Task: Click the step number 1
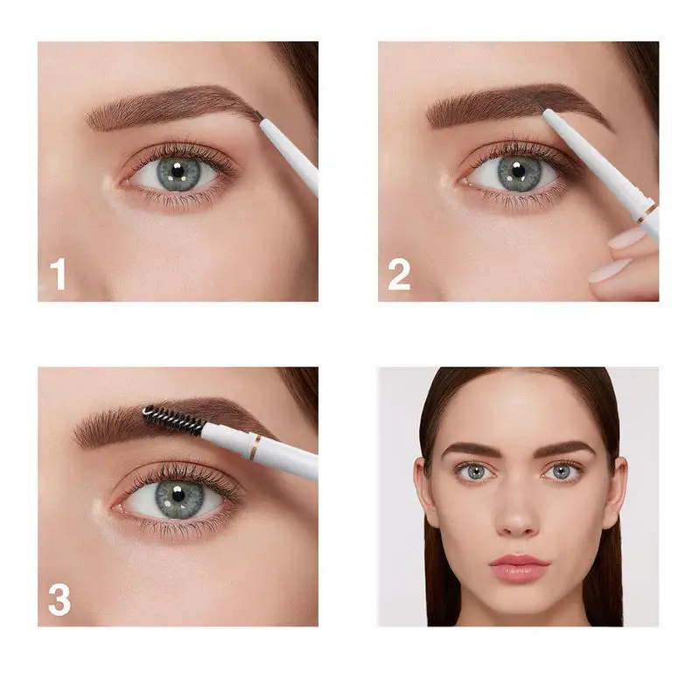coord(59,274)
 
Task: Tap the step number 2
coord(399,274)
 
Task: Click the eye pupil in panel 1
coord(178,171)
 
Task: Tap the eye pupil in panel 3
coord(177,496)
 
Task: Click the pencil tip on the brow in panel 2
coord(546,113)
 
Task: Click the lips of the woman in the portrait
coord(519,567)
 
